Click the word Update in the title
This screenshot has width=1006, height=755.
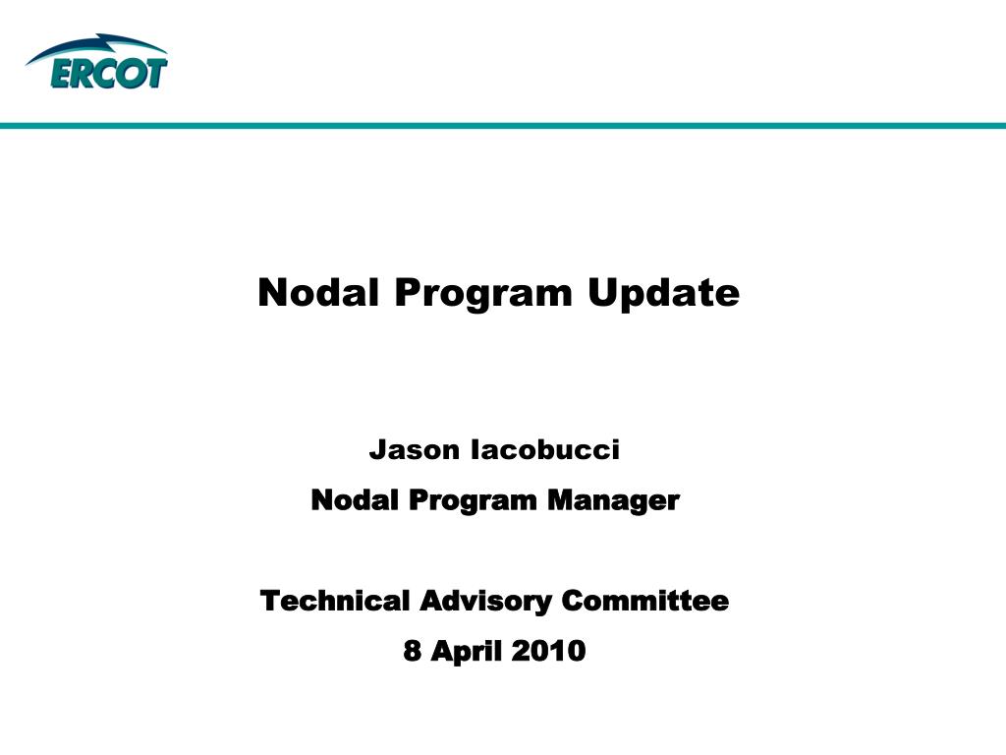coord(663,294)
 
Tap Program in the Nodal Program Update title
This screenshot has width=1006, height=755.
coord(483,294)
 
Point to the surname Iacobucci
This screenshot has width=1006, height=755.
coord(545,450)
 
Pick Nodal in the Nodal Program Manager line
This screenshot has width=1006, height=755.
coord(353,500)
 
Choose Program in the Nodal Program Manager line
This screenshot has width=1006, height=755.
coord(473,501)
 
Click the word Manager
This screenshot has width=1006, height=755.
coord(613,501)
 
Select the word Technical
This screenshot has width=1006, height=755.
coord(334,601)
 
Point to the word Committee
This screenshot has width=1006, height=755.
coord(644,601)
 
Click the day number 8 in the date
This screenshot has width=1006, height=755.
coord(412,651)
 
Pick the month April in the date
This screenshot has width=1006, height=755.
coord(466,652)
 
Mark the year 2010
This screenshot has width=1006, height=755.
coord(548,651)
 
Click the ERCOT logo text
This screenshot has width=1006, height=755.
coord(109,73)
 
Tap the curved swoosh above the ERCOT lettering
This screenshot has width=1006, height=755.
coord(96,46)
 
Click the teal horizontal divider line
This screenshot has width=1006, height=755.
coord(503,125)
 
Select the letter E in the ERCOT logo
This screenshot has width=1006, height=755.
coord(62,73)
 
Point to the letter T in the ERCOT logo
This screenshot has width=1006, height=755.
coord(156,73)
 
